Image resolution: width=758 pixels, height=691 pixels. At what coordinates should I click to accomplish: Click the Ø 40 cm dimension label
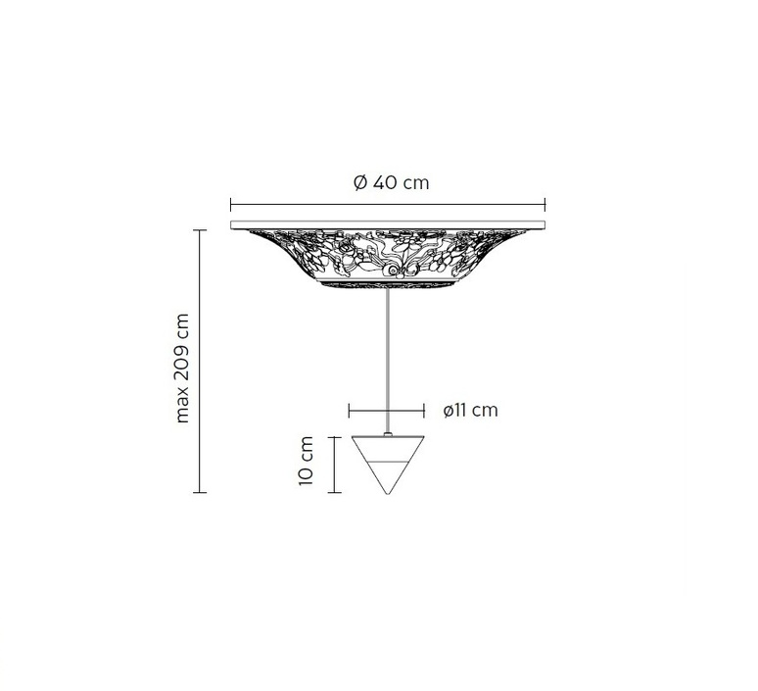coord(390,182)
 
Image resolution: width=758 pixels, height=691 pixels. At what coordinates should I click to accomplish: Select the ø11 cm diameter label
coord(470,411)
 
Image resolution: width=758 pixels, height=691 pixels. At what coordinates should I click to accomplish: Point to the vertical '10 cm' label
coord(308,463)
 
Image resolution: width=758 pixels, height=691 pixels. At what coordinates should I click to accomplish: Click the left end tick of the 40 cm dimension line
coord(230,205)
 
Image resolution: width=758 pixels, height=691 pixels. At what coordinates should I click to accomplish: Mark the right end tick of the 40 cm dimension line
coord(545,205)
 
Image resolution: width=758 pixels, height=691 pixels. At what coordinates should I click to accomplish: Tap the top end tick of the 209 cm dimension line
coord(200,230)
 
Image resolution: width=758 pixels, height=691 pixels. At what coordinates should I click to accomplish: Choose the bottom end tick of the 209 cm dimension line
coord(200,492)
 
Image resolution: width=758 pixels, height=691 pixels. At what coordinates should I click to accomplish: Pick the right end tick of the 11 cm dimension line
coord(424,411)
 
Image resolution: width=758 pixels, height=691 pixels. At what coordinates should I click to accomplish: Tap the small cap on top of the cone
coord(388,431)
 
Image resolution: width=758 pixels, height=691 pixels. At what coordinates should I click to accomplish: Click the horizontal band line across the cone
coord(388,458)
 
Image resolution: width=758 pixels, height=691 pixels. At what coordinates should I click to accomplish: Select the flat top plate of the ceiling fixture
coord(388,225)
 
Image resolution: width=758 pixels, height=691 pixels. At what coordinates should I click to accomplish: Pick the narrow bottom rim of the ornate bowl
coord(388,285)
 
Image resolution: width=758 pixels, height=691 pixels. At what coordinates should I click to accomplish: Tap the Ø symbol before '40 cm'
coord(358,182)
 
